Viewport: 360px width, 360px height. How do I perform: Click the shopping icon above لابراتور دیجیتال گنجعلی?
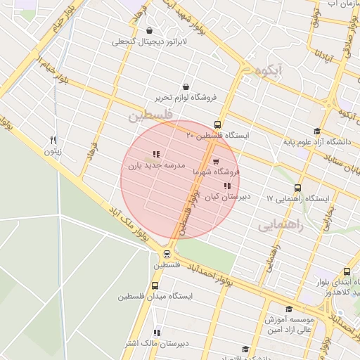(x=150, y=30)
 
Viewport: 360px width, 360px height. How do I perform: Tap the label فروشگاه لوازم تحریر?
(x=186, y=96)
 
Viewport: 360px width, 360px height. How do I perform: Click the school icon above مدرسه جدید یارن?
(x=155, y=155)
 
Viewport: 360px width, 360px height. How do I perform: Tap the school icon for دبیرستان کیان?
(x=226, y=186)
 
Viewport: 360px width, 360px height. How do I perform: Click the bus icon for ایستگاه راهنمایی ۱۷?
(x=297, y=188)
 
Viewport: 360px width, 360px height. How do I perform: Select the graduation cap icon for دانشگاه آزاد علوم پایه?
(x=317, y=131)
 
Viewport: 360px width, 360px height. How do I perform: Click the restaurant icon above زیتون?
(x=53, y=140)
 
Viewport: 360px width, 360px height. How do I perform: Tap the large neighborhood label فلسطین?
(x=150, y=115)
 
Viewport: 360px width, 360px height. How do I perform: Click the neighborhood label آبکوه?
(x=270, y=70)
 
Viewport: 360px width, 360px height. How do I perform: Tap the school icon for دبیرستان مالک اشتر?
(x=157, y=333)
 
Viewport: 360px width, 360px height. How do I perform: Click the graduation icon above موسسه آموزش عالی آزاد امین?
(x=288, y=309)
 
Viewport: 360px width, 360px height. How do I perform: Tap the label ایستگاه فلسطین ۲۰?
(x=217, y=134)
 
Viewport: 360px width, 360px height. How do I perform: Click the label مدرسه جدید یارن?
(x=155, y=167)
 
